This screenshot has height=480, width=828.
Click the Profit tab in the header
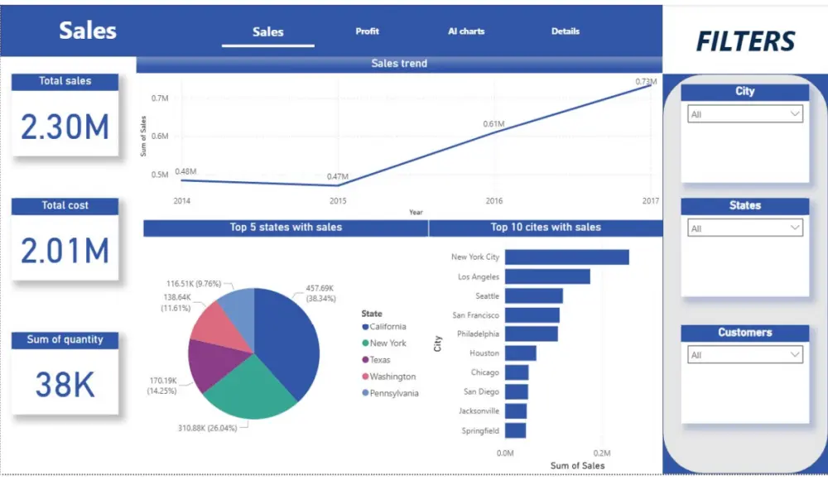(367, 31)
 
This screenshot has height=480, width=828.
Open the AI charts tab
(466, 31)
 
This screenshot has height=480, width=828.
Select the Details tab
(566, 31)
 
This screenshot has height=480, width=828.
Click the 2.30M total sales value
(65, 127)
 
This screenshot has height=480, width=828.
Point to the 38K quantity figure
(65, 384)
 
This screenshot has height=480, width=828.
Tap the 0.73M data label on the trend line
(646, 82)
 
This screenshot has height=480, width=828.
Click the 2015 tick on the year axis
(338, 201)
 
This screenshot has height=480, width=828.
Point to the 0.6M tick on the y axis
(160, 136)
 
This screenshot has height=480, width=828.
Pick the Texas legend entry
(380, 360)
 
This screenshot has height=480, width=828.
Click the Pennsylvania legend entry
(394, 393)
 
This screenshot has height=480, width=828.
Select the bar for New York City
(566, 257)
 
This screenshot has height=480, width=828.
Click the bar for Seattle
(533, 295)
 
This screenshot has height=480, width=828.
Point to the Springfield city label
(480, 430)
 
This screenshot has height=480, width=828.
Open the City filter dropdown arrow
(795, 114)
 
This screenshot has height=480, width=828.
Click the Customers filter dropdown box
(744, 355)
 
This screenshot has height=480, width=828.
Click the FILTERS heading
(745, 41)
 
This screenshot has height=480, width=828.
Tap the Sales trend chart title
(399, 63)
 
